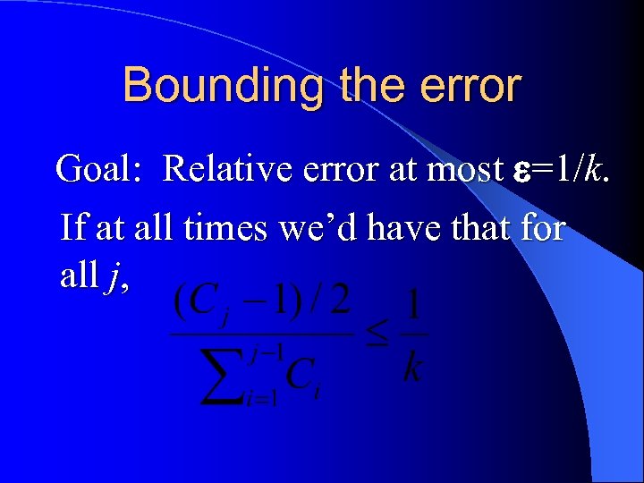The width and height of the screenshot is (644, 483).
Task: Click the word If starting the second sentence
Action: [73, 227]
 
